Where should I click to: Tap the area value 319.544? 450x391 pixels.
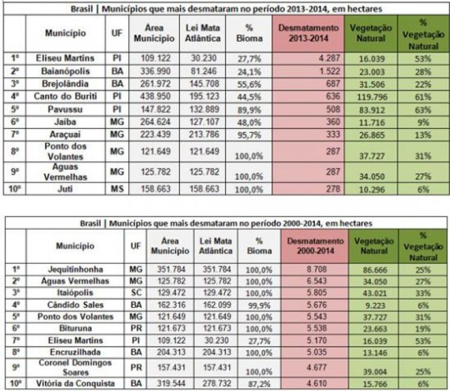point(166,383)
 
